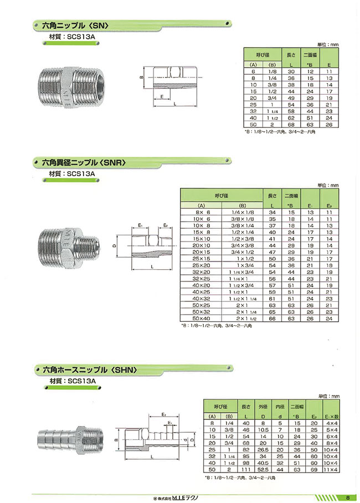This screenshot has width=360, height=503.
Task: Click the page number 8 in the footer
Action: click(347, 496)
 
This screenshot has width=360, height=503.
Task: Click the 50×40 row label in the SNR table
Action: click(202, 319)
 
